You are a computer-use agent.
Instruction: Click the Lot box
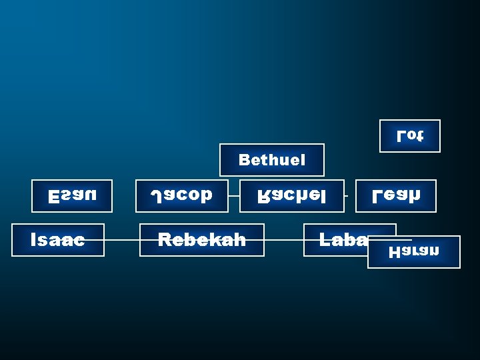click(409, 135)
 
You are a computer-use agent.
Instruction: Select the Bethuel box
click(272, 160)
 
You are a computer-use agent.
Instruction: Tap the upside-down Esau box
click(72, 196)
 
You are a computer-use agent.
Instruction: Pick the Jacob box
click(181, 196)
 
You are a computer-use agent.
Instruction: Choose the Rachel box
click(291, 196)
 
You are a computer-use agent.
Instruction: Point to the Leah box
click(395, 196)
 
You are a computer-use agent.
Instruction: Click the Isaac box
click(58, 240)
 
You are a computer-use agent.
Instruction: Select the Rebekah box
click(201, 240)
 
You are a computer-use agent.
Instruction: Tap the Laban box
click(337, 240)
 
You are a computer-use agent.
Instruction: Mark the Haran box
click(414, 252)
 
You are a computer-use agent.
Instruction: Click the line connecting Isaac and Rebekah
click(122, 240)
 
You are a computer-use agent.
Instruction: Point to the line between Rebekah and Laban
click(283, 240)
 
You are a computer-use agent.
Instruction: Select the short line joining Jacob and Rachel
click(233, 196)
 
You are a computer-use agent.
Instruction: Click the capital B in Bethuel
click(244, 160)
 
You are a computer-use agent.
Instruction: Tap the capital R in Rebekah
click(163, 240)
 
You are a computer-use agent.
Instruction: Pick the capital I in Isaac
click(33, 240)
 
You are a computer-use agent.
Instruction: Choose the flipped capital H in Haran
click(394, 252)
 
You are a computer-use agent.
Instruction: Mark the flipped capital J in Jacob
click(155, 196)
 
